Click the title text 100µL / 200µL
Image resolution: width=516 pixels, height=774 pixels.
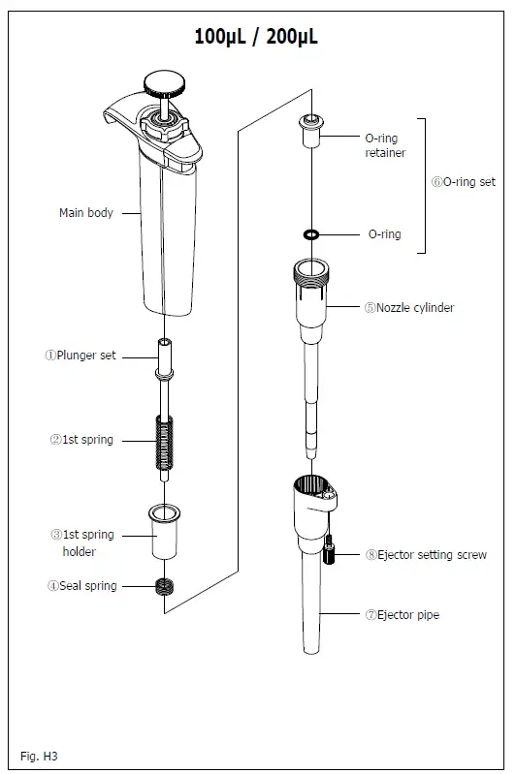(256, 37)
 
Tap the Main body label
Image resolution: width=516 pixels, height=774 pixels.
(85, 213)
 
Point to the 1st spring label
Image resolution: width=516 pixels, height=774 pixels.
(81, 440)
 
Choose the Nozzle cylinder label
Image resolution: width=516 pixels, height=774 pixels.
(409, 308)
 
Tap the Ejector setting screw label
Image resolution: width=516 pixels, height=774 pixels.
(426, 555)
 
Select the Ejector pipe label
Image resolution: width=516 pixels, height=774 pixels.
(408, 615)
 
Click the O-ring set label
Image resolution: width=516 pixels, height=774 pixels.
(464, 181)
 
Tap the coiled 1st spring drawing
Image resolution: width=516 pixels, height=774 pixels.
(165, 441)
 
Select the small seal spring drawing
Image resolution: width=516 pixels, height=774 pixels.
(165, 587)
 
